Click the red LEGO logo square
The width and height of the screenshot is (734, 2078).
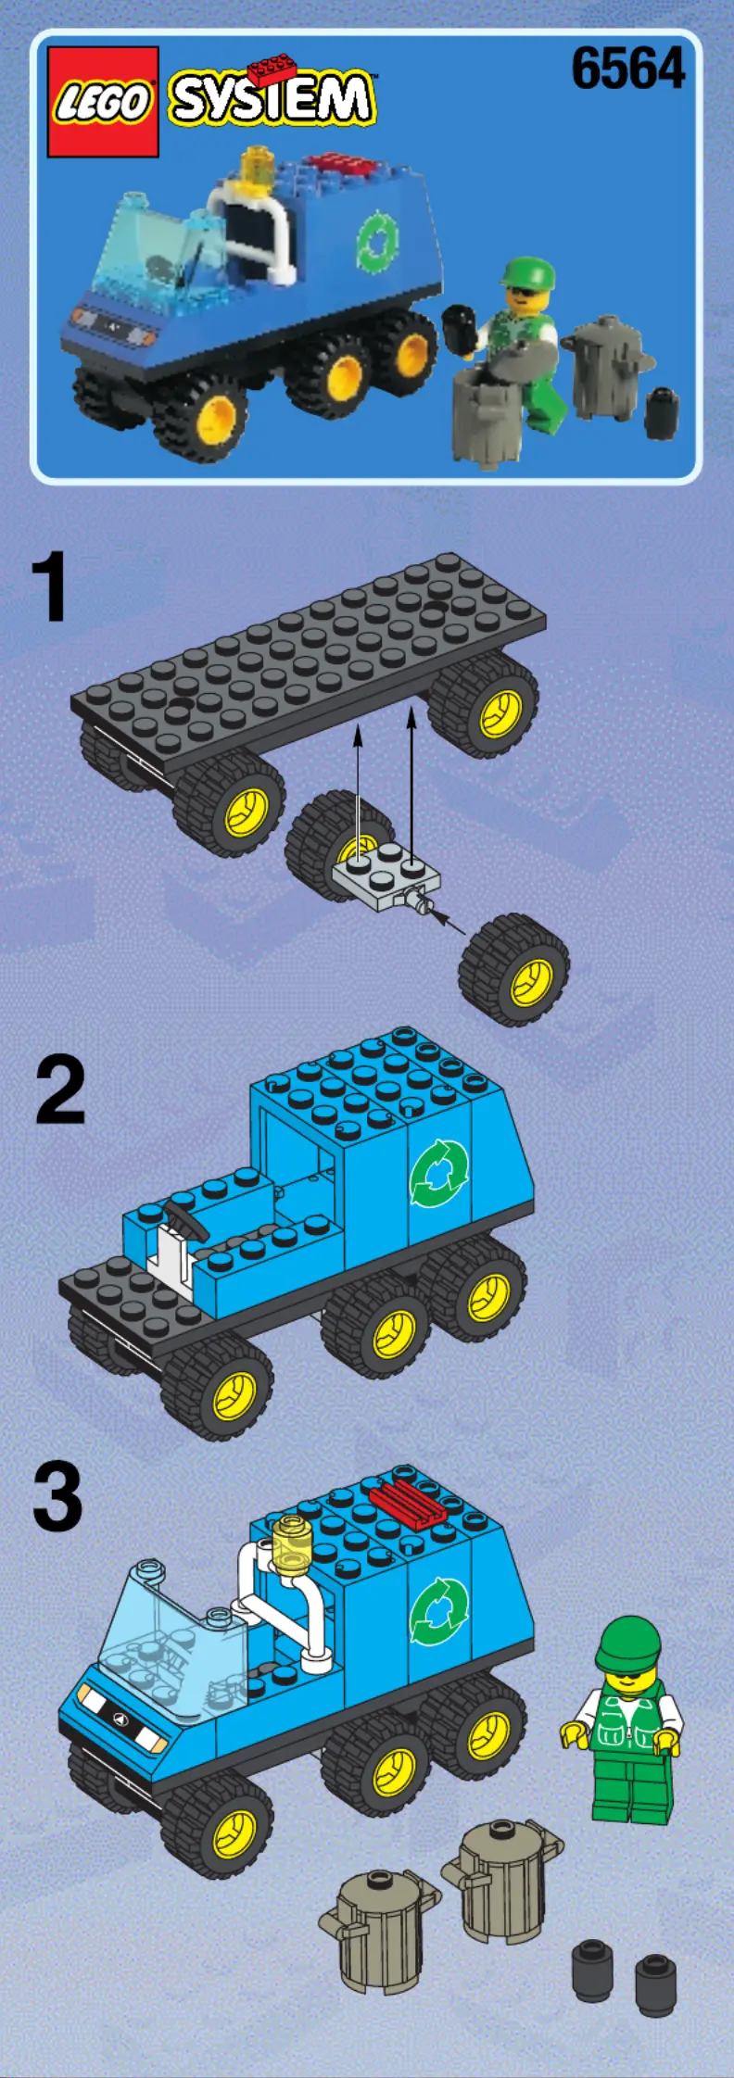103,101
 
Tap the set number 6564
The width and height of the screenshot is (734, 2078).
628,69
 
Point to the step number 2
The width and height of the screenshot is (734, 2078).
60,1091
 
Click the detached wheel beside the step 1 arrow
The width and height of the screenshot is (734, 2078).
514,969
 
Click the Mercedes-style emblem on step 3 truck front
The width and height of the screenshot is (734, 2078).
120,1719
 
